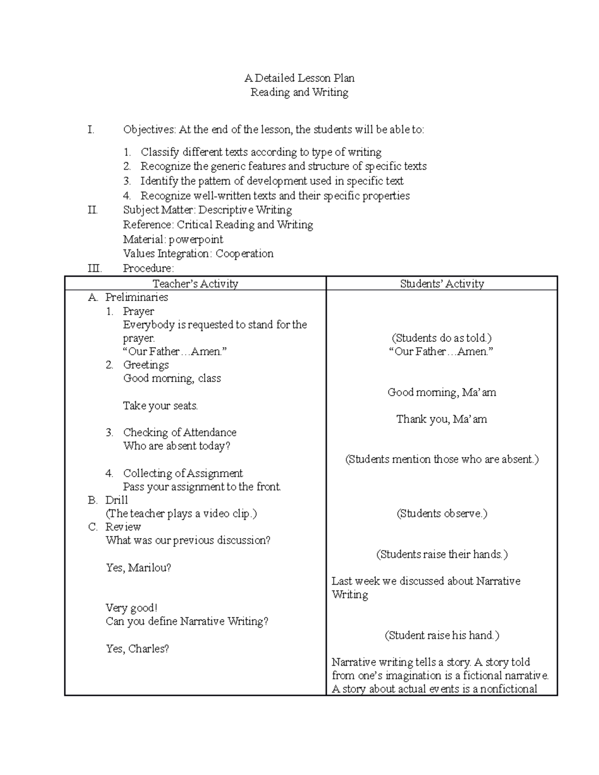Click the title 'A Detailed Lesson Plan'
click(299, 78)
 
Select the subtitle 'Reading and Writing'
click(299, 92)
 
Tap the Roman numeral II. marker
click(92, 210)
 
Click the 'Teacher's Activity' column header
click(195, 284)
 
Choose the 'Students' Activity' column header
click(442, 284)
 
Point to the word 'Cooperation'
click(244, 254)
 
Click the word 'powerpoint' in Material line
click(196, 239)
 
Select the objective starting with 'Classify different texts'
click(261, 152)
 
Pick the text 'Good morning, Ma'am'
click(442, 392)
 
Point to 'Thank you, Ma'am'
click(442, 419)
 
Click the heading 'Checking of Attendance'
click(180, 433)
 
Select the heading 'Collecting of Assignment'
click(183, 473)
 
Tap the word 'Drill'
click(116, 500)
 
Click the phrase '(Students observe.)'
click(442, 514)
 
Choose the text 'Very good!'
click(131, 608)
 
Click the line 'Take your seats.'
click(160, 406)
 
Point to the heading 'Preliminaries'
click(136, 297)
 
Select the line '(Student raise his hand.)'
click(442, 635)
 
